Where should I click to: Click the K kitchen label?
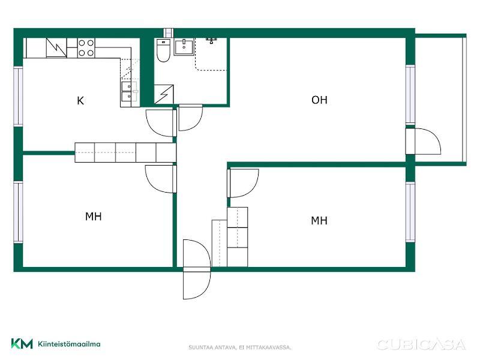click(80, 101)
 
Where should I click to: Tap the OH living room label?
click(319, 100)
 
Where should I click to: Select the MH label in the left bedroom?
click(94, 217)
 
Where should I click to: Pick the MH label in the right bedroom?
click(319, 220)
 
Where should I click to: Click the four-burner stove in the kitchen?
click(86, 48)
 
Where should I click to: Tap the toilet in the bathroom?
click(163, 50)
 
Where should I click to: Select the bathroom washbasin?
click(184, 47)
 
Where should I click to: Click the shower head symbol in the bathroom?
click(211, 41)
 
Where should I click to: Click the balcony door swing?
click(424, 141)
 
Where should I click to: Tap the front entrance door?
click(197, 269)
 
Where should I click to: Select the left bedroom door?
click(161, 179)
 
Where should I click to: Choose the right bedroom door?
click(243, 183)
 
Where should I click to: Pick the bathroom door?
click(190, 118)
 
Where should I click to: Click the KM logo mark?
click(22, 343)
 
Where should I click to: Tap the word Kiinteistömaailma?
click(69, 344)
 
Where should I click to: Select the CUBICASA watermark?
click(422, 344)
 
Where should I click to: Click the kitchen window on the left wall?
click(19, 97)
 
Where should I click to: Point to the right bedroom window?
click(410, 212)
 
